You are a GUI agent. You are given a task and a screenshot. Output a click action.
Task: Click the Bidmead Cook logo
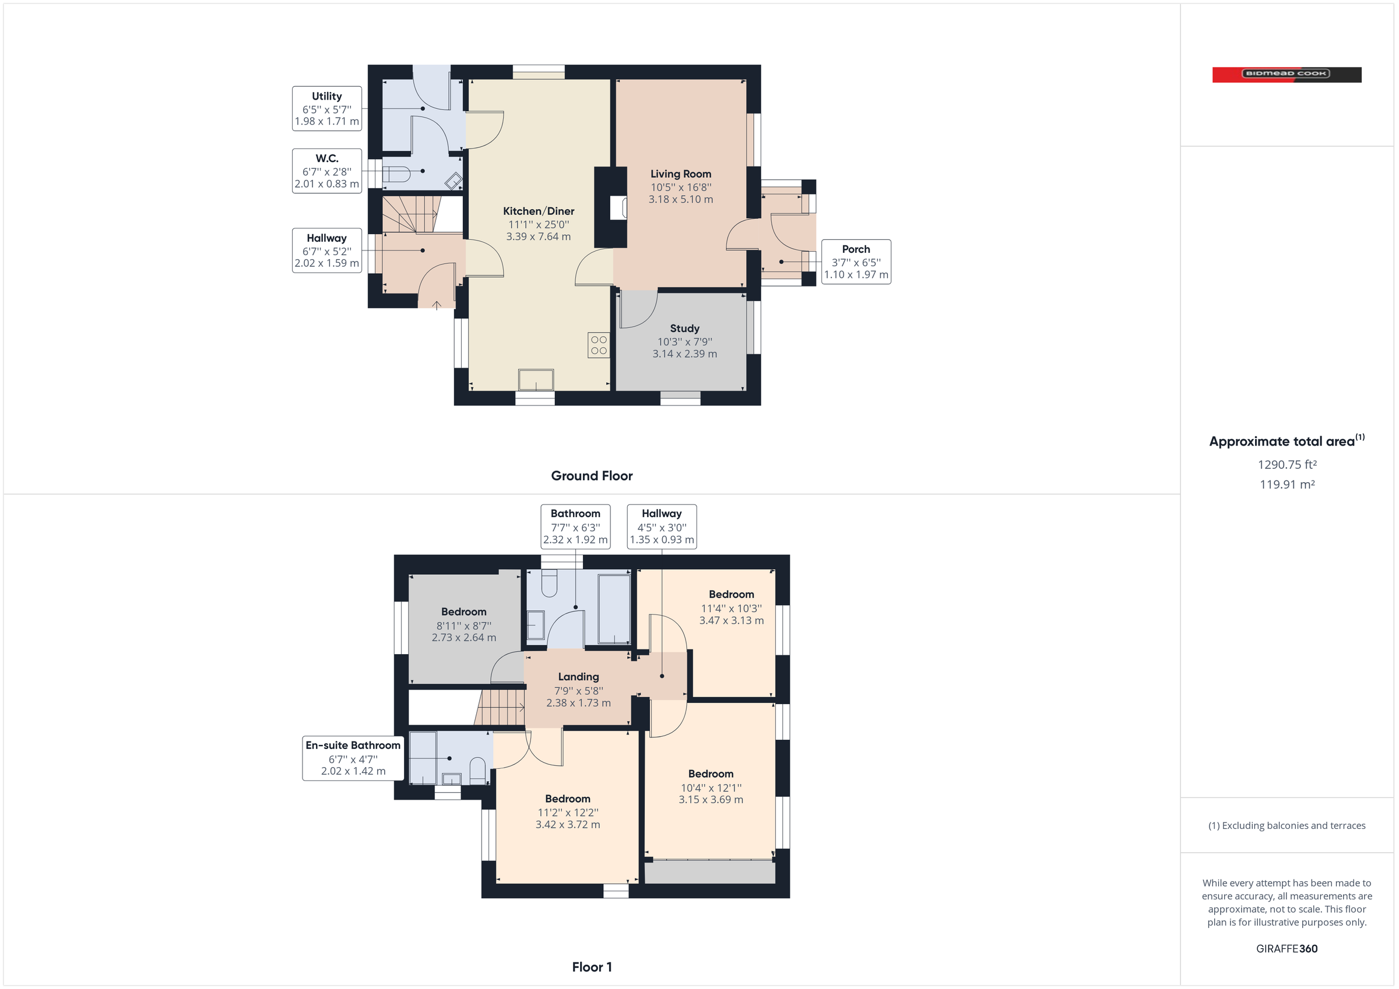pos(1286,75)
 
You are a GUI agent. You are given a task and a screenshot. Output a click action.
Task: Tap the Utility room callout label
pos(326,108)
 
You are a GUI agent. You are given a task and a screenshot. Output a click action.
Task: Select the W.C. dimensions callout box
pos(326,171)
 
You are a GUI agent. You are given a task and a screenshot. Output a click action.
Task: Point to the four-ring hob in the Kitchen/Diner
pos(598,345)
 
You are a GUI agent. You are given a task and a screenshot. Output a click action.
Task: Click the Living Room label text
pos(681,174)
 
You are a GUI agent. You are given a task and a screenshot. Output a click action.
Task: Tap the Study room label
pos(684,329)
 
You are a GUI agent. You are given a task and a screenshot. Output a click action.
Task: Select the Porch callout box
pos(856,262)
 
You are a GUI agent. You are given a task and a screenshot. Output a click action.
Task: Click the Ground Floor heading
pos(592,476)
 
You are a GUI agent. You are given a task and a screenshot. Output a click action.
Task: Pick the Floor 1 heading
pos(592,966)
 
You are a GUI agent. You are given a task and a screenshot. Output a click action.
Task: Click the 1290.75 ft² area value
pos(1287,465)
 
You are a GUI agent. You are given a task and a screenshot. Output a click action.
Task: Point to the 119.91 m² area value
pos(1287,485)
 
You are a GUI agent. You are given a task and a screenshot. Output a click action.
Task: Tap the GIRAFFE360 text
pos(1286,948)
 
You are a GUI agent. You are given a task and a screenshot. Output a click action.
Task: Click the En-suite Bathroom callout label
pos(353,758)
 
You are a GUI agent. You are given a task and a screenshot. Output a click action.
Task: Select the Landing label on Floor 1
pos(578,677)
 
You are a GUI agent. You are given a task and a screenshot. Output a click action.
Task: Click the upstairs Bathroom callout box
pos(575,527)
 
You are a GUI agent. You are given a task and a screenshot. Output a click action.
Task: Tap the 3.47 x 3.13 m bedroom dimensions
pos(731,620)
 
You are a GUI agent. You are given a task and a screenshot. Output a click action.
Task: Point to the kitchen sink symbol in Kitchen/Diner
pos(536,379)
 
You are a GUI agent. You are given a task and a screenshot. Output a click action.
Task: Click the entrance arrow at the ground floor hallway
pos(437,305)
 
